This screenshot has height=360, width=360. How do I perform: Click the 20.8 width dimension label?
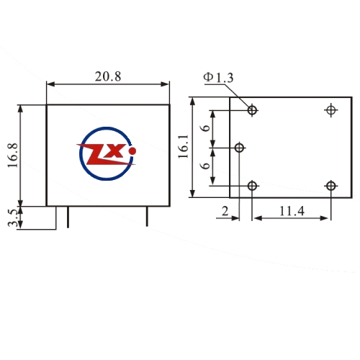point(108,76)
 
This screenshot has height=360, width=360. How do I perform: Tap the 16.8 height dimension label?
point(13,156)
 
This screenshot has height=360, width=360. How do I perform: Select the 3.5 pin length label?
point(13,218)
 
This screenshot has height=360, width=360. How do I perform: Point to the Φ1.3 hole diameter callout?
point(218,78)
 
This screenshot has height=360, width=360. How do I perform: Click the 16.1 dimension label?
point(183,146)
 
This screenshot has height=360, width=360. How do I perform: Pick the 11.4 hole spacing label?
point(292,211)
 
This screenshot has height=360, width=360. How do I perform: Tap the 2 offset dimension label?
point(225,212)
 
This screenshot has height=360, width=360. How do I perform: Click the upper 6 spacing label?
point(206,128)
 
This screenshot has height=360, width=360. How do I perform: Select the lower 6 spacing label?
point(206,166)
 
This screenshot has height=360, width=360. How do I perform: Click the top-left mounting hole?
point(252,110)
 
